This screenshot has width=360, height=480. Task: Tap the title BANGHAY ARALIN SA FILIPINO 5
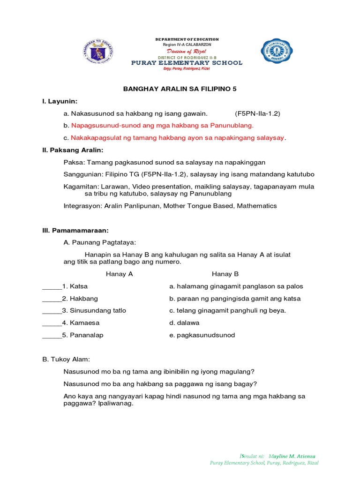pos(180,89)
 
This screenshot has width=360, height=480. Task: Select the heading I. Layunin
pos(60,101)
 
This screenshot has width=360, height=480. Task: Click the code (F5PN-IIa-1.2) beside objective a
pos(257,113)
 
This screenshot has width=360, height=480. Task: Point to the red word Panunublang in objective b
pos(228,125)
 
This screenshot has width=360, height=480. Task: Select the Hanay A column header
pos(120,274)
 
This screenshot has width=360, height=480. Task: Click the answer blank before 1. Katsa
pos(52,286)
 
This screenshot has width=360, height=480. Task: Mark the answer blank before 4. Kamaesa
pos(52,323)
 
